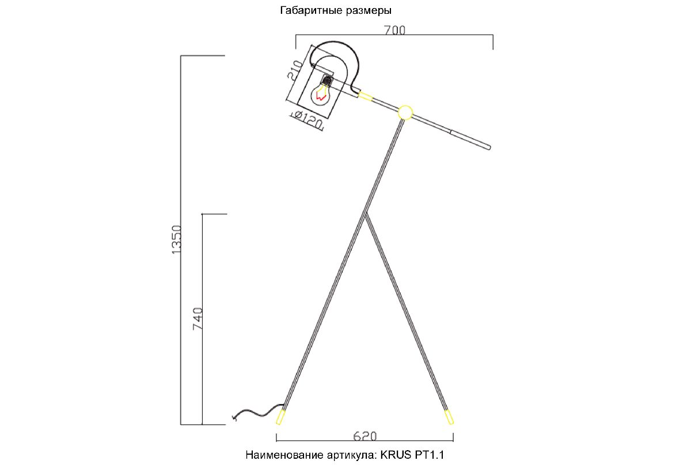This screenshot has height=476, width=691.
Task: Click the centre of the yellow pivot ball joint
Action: [405, 113]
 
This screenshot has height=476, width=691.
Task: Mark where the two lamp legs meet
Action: [366, 213]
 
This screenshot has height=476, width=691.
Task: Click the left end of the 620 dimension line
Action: [276, 441]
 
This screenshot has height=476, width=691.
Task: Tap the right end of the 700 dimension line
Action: [493, 35]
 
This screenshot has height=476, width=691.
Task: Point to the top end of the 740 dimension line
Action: [202, 214]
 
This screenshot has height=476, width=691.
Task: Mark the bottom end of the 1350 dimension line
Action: [181, 425]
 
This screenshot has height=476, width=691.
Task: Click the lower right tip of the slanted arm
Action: [489, 148]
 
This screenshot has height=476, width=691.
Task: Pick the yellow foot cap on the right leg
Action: [449, 417]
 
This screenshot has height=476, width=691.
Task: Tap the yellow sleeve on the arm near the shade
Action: [366, 96]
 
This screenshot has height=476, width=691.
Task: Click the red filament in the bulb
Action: [321, 97]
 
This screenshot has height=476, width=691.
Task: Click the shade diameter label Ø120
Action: [307, 120]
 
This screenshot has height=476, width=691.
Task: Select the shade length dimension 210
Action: [295, 70]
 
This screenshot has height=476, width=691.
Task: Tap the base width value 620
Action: [365, 436]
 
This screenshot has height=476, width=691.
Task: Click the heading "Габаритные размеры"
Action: [336, 11]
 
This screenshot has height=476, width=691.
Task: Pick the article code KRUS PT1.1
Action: [412, 455]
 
